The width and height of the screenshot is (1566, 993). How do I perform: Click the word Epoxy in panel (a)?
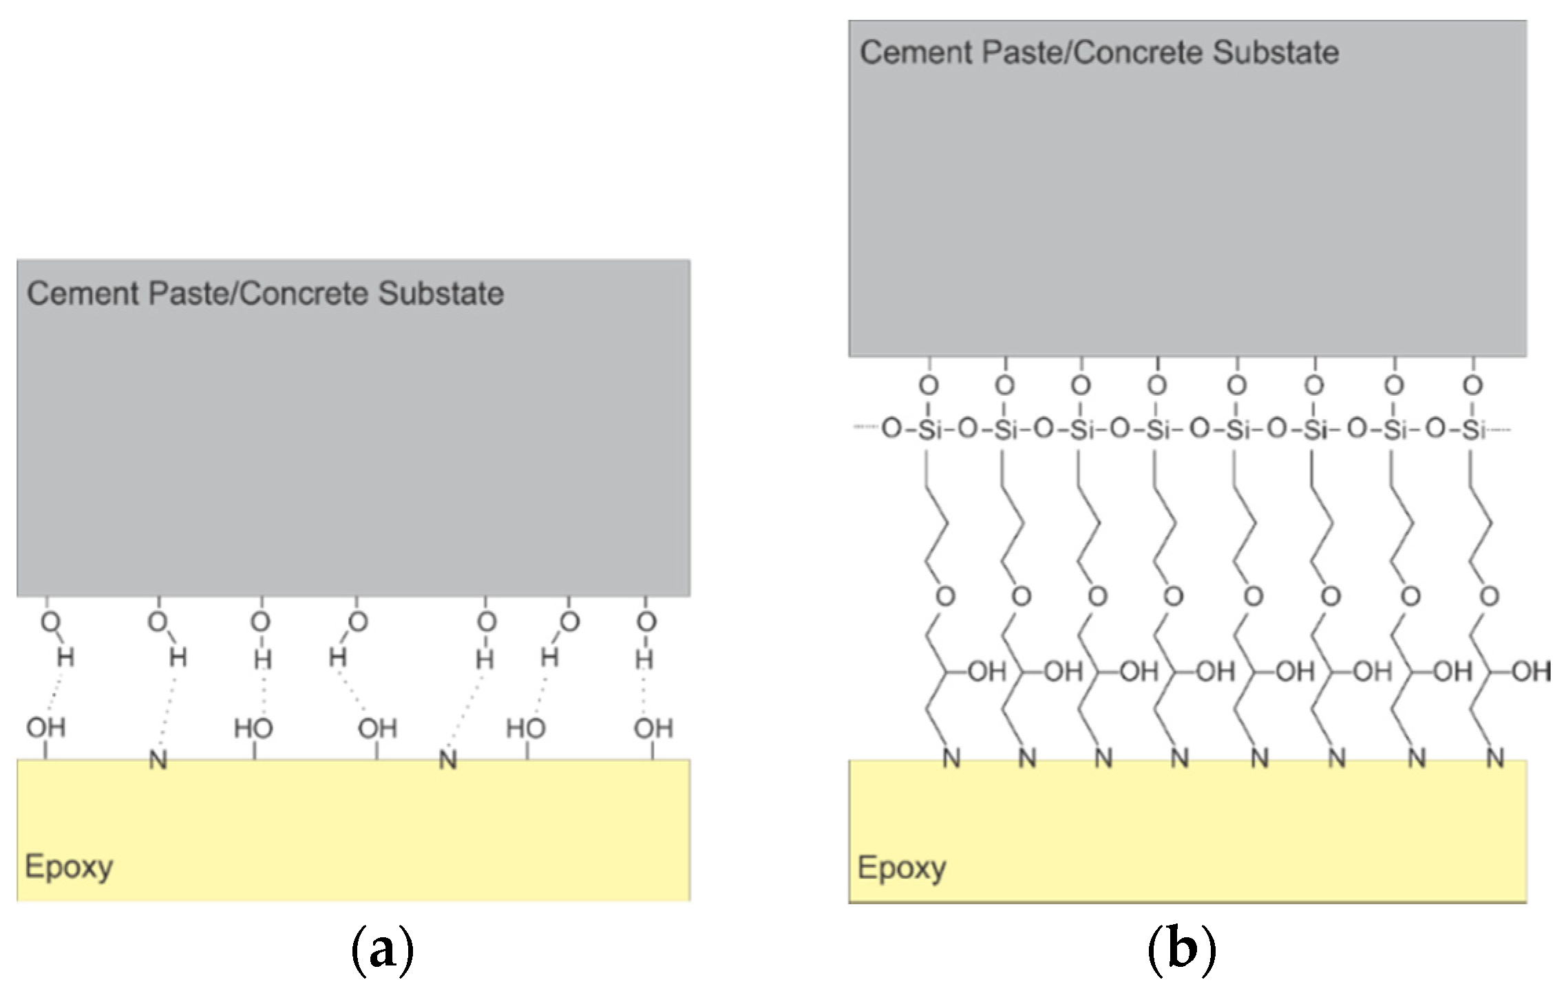pyautogui.click(x=69, y=867)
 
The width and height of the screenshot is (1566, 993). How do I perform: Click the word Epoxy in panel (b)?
pyautogui.click(x=901, y=868)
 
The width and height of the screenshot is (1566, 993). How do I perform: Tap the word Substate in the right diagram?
pyautogui.click(x=1276, y=53)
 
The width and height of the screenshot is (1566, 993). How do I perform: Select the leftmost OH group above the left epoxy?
pyautogui.click(x=46, y=727)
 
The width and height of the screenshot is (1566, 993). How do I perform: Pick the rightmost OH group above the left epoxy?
pyautogui.click(x=653, y=728)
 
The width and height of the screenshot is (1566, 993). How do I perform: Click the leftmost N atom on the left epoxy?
pyautogui.click(x=158, y=760)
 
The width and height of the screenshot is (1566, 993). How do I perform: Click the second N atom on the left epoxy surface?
pyautogui.click(x=448, y=760)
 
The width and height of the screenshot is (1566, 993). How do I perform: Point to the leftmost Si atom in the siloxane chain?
pyautogui.click(x=930, y=430)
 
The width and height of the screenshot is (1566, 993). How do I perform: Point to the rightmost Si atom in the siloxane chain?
pyautogui.click(x=1474, y=430)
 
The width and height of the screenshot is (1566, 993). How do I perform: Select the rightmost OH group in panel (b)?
pyautogui.click(x=1531, y=671)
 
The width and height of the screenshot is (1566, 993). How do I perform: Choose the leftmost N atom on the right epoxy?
pyautogui.click(x=951, y=759)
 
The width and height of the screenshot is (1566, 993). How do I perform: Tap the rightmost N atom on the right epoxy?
pyautogui.click(x=1495, y=759)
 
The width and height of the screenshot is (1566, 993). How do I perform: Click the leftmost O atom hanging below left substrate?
pyautogui.click(x=50, y=622)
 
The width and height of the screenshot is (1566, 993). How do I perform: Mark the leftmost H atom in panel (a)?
pyautogui.click(x=65, y=658)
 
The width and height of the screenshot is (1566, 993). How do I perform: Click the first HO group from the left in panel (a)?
pyautogui.click(x=253, y=728)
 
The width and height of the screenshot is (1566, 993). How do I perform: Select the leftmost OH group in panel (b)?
pyautogui.click(x=987, y=671)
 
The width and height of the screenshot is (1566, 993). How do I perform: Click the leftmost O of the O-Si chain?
pyautogui.click(x=891, y=429)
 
